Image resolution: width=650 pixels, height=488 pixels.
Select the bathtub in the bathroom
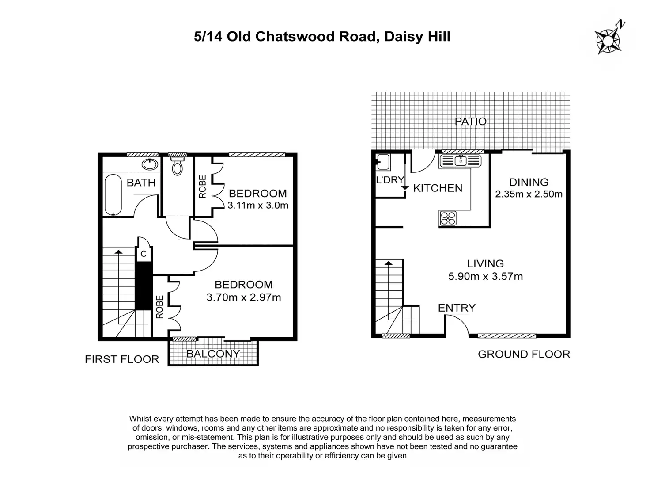(113, 195)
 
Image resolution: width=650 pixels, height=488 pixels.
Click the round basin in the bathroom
(150, 164)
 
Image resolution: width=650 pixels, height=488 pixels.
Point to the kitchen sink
(461, 161)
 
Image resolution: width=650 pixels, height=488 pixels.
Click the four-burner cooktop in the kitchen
(448, 218)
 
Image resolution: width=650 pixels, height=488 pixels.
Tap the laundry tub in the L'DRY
(383, 162)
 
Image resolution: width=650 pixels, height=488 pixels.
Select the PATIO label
(471, 122)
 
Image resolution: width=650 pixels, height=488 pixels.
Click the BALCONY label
(213, 354)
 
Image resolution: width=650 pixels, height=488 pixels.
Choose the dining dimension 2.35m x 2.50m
(529, 194)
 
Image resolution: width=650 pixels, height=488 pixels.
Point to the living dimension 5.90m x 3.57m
(485, 276)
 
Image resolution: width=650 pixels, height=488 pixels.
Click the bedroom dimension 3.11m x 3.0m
(257, 205)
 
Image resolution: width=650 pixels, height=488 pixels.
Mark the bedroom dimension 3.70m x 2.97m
(243, 297)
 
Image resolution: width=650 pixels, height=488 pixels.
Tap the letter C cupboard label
(144, 254)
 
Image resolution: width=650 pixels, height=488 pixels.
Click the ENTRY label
(457, 308)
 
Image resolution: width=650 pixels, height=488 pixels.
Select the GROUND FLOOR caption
(524, 355)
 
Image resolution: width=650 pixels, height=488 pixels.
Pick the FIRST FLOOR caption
(122, 359)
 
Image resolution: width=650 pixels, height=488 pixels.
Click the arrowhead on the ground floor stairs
(389, 263)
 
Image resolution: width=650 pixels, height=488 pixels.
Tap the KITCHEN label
(438, 188)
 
